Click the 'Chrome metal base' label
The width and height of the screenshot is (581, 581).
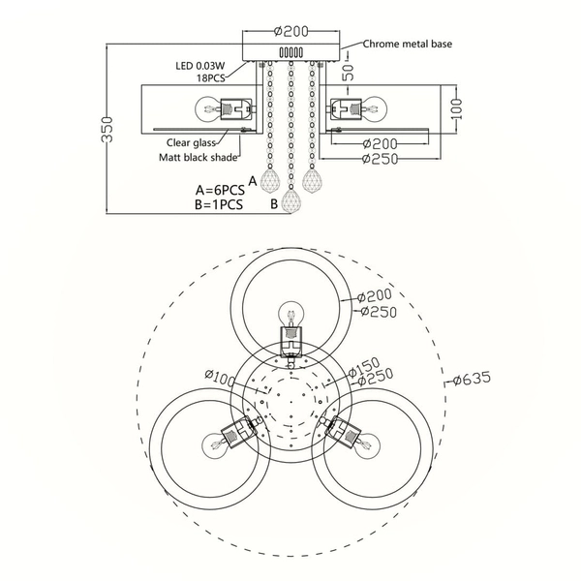408,44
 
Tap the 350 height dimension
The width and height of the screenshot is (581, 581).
107,130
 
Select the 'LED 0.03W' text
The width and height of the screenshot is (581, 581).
200,66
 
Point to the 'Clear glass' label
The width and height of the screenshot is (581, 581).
191,142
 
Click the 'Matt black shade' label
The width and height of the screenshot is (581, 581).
198,158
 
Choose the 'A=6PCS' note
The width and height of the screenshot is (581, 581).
220,190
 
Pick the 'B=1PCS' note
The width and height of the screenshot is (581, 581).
219,204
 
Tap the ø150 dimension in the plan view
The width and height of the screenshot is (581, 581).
365,367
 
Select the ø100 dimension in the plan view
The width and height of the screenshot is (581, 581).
220,378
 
